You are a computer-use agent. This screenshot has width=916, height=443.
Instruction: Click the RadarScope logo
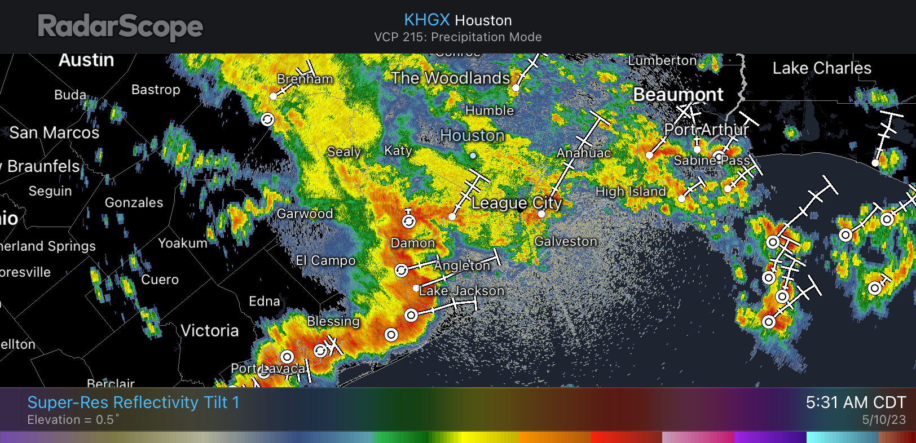[120, 27]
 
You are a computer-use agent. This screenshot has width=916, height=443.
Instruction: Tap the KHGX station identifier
[426, 20]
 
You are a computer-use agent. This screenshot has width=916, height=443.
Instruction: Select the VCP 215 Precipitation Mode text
[457, 37]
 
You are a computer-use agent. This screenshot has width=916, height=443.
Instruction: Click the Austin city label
[86, 60]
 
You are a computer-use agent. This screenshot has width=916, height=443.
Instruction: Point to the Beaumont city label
[678, 95]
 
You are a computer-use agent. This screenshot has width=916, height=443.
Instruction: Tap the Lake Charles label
[821, 68]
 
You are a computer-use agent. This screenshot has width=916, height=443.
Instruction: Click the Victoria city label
[209, 330]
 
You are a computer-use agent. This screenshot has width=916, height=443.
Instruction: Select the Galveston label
[565, 241]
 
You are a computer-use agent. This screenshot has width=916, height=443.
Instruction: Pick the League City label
[517, 203]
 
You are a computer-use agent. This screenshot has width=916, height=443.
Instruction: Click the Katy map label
[398, 150]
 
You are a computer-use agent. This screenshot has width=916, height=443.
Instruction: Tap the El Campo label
[325, 260]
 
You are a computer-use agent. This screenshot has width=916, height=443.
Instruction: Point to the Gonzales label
[134, 203]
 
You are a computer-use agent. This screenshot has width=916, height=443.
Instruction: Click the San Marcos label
[54, 133]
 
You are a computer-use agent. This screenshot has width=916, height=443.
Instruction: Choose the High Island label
[631, 192]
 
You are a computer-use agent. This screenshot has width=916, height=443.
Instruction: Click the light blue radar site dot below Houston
[473, 156]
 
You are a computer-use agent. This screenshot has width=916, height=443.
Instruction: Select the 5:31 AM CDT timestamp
[855, 402]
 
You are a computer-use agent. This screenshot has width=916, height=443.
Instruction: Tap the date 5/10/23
[883, 420]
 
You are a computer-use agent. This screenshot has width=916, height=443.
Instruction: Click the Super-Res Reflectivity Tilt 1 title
[133, 402]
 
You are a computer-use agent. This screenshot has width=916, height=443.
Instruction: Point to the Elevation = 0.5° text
[73, 420]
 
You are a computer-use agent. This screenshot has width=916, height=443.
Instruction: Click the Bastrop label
[156, 90]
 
